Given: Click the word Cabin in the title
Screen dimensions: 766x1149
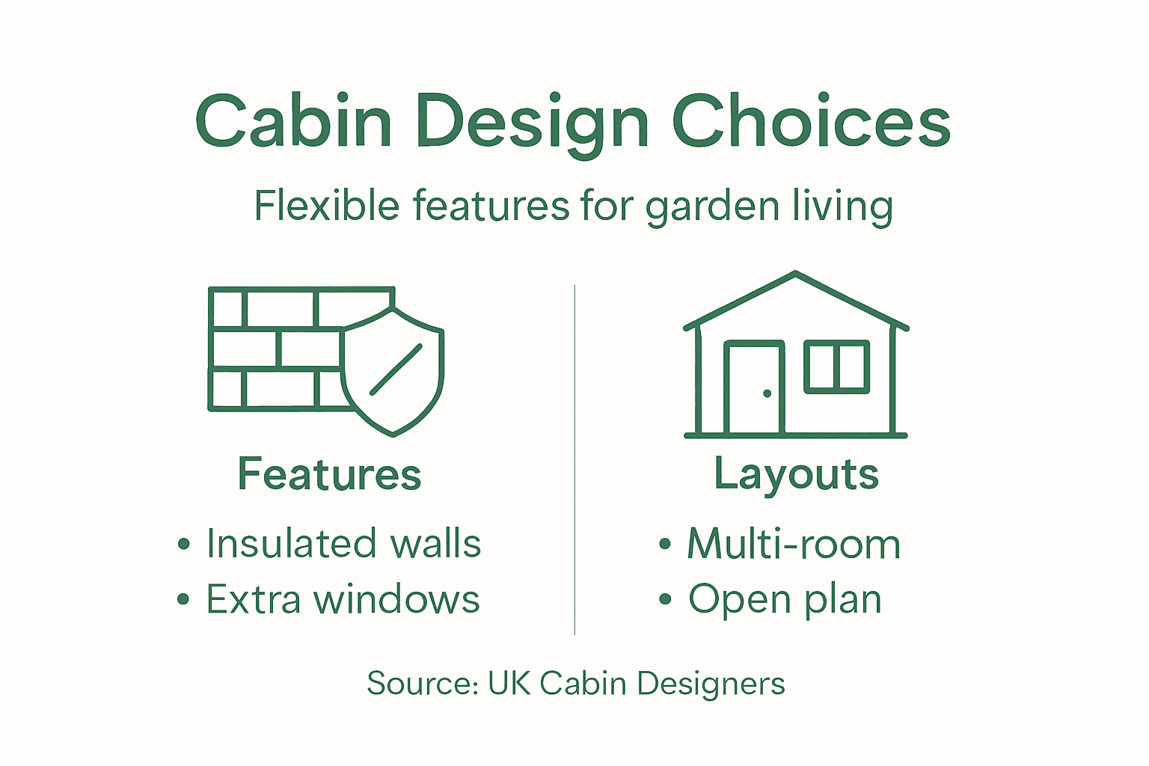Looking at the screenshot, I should click(x=293, y=121).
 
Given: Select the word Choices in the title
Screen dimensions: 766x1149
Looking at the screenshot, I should click(x=811, y=121).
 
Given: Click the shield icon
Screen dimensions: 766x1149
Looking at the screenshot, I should click(x=393, y=370).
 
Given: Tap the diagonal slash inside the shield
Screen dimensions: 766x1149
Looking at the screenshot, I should click(x=396, y=370).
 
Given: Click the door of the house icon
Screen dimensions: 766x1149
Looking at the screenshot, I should click(x=754, y=387).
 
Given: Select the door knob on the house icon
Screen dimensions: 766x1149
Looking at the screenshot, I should click(x=767, y=393).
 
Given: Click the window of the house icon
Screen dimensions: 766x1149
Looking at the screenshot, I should click(x=836, y=367).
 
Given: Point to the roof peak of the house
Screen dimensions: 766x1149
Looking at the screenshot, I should click(x=796, y=275).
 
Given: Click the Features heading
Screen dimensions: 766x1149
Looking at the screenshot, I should click(x=330, y=474).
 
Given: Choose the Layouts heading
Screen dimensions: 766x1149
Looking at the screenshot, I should click(x=797, y=474).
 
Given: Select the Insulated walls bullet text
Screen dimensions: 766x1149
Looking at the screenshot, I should click(x=343, y=543).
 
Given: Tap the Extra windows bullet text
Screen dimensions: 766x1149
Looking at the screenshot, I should click(x=343, y=599).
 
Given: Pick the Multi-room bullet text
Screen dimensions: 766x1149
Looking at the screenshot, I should click(x=794, y=544).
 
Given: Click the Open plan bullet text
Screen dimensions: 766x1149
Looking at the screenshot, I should click(x=785, y=599).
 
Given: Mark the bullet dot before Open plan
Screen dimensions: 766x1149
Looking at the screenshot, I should click(x=665, y=599).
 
